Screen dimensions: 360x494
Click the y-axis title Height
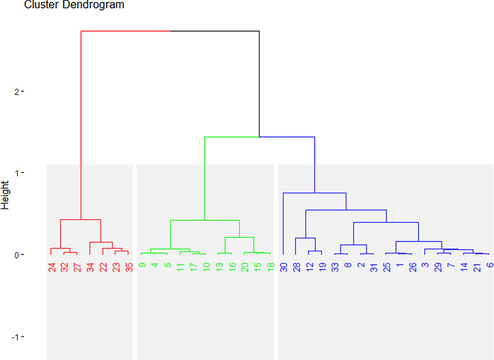click(x=6, y=196)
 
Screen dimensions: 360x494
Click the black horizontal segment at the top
click(x=215, y=31)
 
